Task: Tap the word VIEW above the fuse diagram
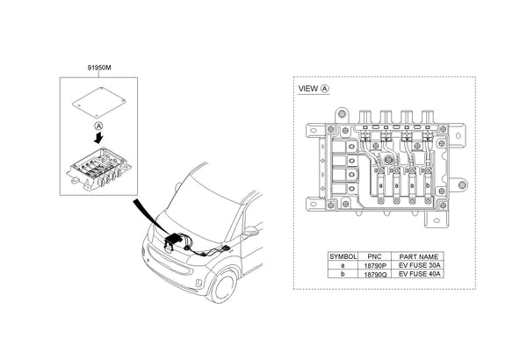click(x=309, y=89)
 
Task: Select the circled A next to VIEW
click(x=326, y=89)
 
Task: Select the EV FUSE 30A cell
click(x=418, y=264)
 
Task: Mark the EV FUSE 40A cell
click(x=418, y=273)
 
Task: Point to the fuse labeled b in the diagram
click(x=428, y=186)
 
